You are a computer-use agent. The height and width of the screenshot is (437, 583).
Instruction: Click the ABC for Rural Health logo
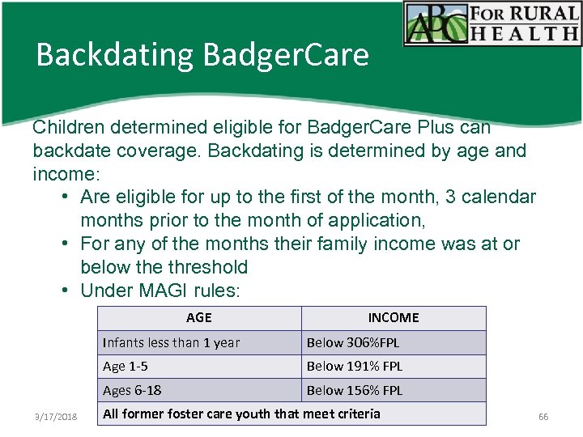[492, 23]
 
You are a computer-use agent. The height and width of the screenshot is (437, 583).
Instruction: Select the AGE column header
[198, 318]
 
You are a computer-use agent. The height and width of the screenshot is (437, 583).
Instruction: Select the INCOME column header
[394, 318]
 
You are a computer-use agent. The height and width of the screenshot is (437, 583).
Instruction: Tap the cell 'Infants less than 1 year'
[171, 342]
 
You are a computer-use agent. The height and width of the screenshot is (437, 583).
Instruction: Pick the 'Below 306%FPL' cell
[353, 342]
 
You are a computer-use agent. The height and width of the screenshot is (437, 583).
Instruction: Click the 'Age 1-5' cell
[126, 367]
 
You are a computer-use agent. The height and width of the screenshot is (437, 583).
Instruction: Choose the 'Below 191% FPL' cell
[354, 367]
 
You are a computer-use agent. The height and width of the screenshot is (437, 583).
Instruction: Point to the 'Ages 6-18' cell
[132, 390]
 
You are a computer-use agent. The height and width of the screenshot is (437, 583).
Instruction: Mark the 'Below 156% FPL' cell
[354, 390]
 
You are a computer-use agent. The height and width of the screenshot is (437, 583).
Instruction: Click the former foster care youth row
[241, 414]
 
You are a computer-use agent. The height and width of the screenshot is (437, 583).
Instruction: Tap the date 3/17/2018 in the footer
[56, 416]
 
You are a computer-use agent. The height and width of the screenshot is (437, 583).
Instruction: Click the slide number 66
[543, 416]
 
